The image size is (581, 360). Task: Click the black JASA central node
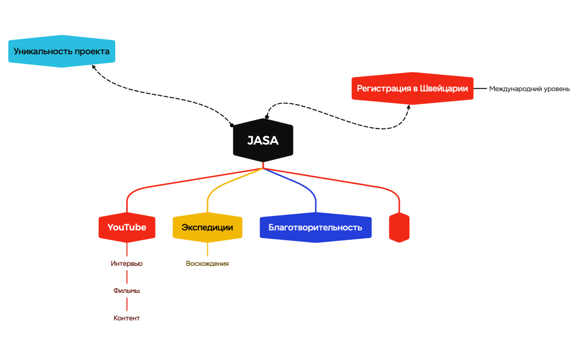263,141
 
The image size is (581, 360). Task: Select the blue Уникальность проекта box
61,52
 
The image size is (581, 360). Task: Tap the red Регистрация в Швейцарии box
412,89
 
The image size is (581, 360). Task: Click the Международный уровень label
529,89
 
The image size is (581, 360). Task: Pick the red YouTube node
127,227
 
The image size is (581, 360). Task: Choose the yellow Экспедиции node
207,227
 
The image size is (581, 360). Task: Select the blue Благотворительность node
315,227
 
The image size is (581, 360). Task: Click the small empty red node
399,227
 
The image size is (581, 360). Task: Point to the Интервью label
127,264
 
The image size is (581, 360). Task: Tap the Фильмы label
127,291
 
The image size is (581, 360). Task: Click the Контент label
127,318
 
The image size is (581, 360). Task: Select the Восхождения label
207,264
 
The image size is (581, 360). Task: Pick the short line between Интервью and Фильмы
127,277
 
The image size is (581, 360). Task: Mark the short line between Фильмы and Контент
127,304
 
